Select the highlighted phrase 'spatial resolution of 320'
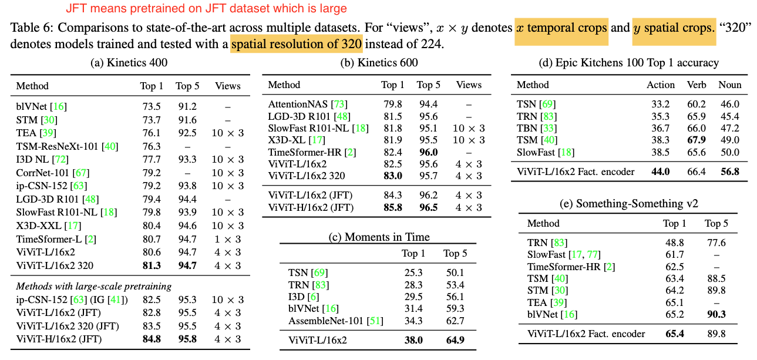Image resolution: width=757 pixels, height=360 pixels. pos(297,43)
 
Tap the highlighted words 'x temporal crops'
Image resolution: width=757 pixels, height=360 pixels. pos(561,28)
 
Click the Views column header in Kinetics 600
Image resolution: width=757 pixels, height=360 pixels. pos(469,85)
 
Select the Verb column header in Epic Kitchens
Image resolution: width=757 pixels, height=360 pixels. pos(697,85)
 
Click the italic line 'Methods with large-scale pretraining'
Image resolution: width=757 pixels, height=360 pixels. pos(93,286)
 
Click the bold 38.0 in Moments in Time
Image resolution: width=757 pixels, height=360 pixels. pos(413,339)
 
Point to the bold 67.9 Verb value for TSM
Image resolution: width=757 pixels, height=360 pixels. pos(697,140)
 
